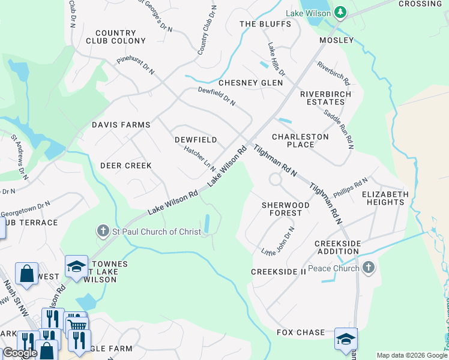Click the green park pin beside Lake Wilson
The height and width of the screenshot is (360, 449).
pos(340,12)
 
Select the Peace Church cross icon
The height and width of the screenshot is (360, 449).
pos(369,268)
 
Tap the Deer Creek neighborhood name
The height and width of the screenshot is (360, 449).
pos(125,165)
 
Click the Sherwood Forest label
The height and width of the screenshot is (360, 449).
pos(286,209)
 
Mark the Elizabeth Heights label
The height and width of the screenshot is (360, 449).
pos(385,198)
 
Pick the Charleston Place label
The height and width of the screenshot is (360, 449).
pos(300,140)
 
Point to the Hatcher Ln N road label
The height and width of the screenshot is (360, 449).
pos(199,158)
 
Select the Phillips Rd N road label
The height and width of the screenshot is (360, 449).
pos(350,187)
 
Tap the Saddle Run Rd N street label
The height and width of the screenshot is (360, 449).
pos(339,129)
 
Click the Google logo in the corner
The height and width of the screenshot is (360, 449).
pos(20,353)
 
